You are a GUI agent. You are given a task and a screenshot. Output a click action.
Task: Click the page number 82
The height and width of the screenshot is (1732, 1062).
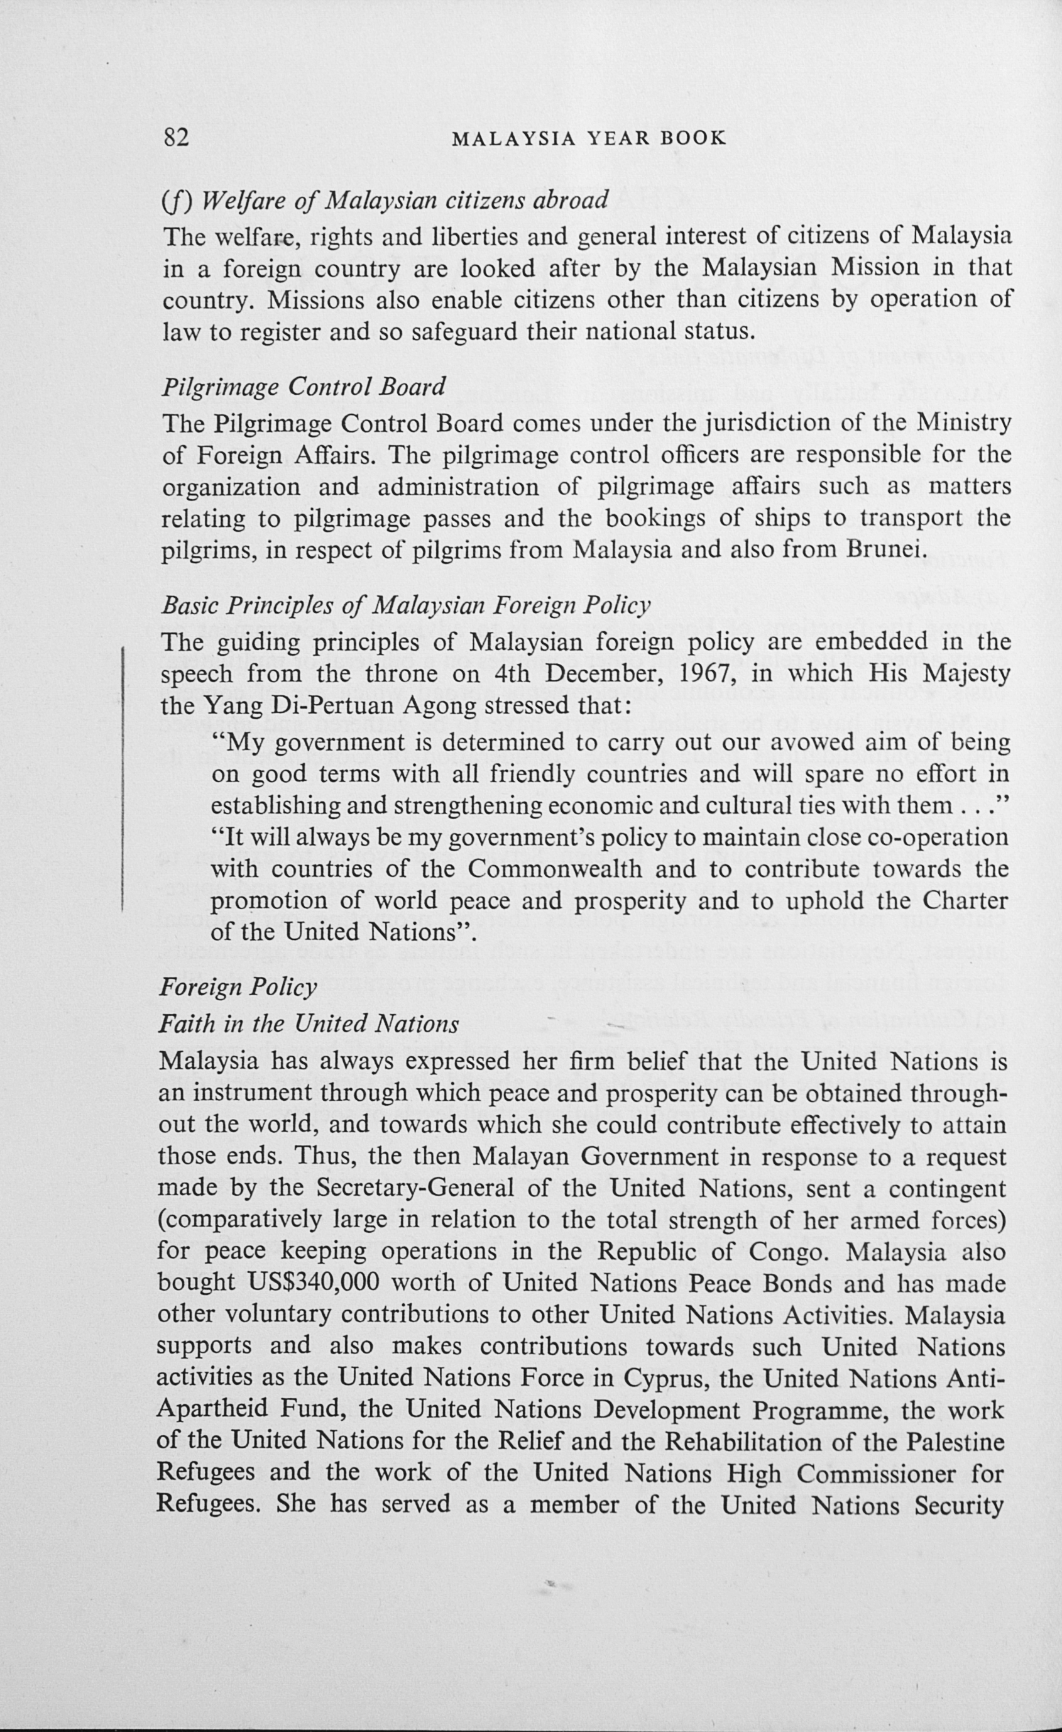(x=176, y=137)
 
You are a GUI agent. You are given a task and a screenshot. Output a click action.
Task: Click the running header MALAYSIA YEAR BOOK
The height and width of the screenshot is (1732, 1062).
(x=589, y=138)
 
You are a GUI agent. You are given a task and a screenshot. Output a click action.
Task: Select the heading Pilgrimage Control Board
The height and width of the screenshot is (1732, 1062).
(x=304, y=387)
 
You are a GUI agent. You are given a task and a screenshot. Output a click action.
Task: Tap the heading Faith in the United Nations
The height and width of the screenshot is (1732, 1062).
(x=309, y=1023)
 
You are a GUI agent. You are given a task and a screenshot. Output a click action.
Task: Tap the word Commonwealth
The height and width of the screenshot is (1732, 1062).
(x=554, y=869)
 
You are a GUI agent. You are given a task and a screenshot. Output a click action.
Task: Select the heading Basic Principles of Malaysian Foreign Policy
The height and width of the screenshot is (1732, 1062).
(x=406, y=605)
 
